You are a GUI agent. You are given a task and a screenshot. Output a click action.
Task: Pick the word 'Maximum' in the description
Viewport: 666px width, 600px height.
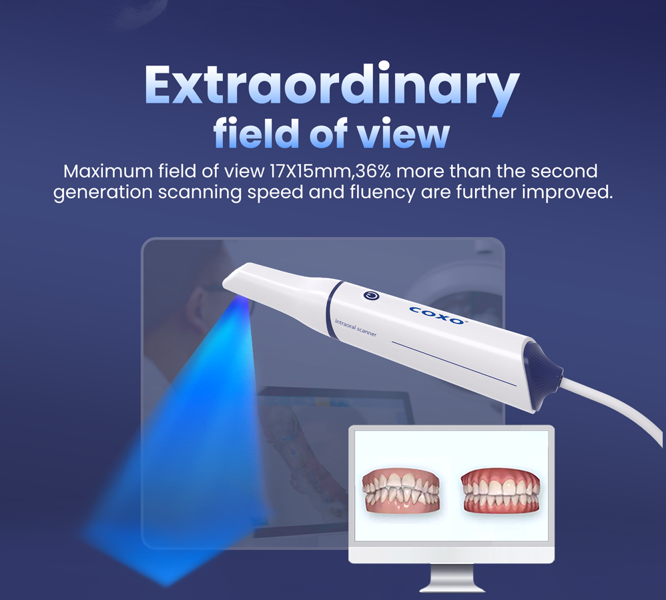pyautogui.click(x=108, y=172)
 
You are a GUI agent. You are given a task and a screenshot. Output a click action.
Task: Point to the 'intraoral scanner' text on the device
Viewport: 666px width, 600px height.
pyautogui.click(x=356, y=328)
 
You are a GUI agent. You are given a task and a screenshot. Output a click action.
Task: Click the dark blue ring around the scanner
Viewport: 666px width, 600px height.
pyautogui.click(x=333, y=310)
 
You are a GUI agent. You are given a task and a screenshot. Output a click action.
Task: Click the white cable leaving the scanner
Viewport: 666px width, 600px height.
pyautogui.click(x=616, y=404)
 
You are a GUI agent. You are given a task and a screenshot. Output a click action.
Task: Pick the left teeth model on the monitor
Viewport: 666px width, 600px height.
pyautogui.click(x=400, y=491)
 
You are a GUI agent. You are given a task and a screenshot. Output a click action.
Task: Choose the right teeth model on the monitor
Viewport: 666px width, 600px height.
pyautogui.click(x=501, y=491)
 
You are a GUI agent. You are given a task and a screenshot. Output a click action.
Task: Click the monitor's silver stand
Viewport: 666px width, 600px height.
pyautogui.click(x=452, y=578)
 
